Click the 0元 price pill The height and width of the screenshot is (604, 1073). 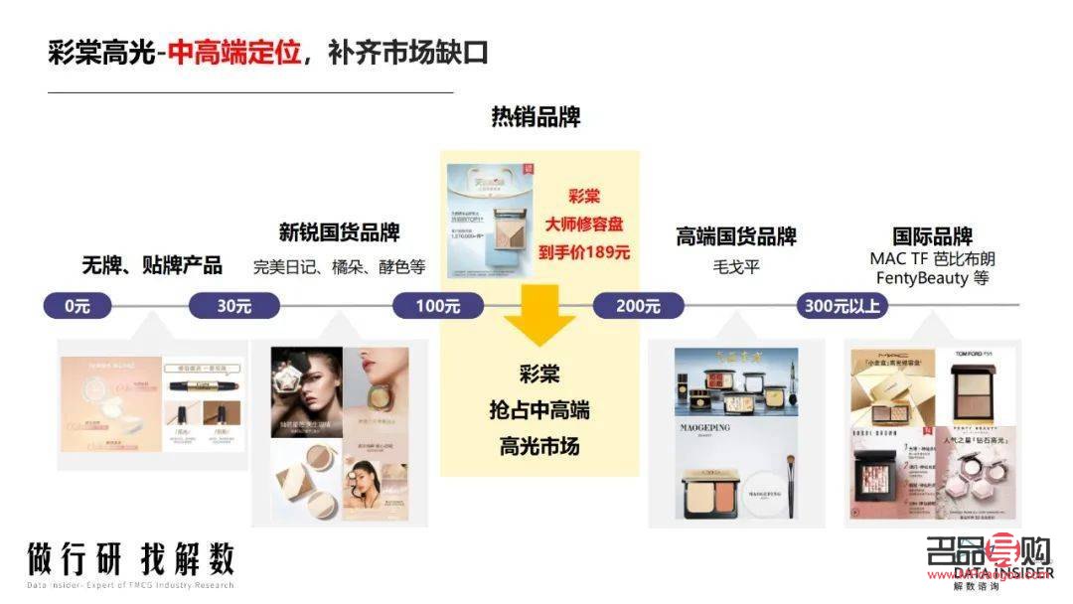tap(77, 306)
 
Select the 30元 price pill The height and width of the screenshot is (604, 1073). tap(234, 306)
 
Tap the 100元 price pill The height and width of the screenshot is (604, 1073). tap(437, 306)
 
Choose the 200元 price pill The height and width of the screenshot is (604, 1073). tap(638, 306)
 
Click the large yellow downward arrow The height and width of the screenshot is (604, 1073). tap(538, 316)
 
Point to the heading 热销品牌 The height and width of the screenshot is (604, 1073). tap(536, 117)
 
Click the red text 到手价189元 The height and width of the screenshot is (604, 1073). tap(584, 251)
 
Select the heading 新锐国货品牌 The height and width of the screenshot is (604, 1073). tap(339, 233)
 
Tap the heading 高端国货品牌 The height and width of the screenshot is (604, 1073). tap(736, 236)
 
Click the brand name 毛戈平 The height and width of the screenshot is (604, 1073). tap(736, 266)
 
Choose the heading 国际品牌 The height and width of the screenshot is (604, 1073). tap(932, 236)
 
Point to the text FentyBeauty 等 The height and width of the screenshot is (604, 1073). tap(932, 278)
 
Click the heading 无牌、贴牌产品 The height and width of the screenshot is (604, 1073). tap(152, 265)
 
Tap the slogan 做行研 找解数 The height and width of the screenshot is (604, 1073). tap(130, 559)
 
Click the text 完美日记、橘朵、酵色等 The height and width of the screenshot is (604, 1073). tap(339, 266)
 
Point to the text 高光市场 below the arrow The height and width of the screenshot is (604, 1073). tap(539, 447)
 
